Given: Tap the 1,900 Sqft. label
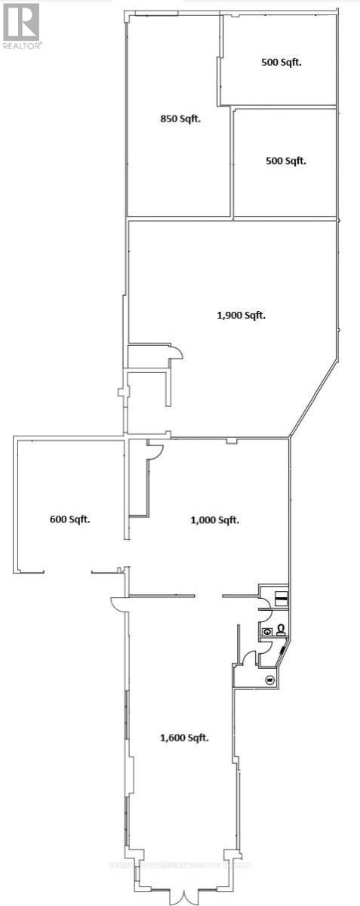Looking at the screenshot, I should (x=242, y=316).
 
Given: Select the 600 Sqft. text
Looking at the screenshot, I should (x=69, y=519).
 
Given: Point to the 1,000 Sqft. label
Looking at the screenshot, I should (x=214, y=519).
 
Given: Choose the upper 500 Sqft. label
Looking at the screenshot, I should (x=281, y=63).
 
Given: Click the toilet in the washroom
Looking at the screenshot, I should (x=280, y=629).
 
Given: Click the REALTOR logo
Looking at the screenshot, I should (x=20, y=22).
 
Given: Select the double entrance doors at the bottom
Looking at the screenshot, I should (x=179, y=895).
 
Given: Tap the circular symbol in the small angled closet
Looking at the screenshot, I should (x=269, y=679).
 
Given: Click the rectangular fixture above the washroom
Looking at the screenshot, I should (x=280, y=598).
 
